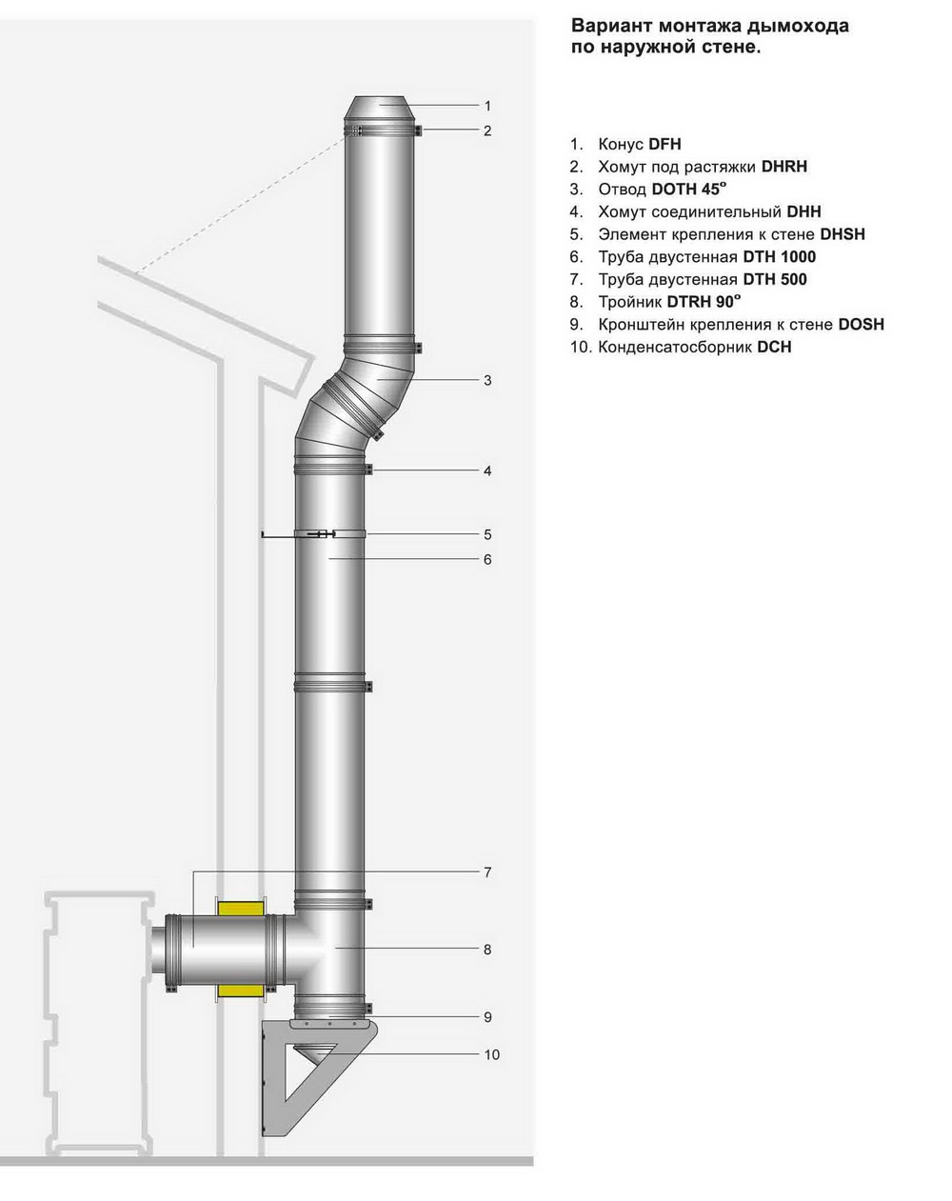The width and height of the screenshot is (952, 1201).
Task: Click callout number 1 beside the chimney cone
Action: point(487,106)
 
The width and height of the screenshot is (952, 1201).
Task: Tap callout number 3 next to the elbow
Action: point(487,381)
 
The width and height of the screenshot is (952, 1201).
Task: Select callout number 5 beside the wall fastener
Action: point(487,534)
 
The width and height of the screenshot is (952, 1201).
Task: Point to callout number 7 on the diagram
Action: point(487,872)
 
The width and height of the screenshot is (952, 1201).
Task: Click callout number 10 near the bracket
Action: point(491,1054)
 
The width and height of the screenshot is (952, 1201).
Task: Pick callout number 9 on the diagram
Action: point(487,1017)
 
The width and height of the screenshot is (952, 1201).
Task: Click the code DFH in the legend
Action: point(664,145)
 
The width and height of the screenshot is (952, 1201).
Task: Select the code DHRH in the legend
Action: point(784,167)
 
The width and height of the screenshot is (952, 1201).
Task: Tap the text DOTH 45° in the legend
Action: point(688,190)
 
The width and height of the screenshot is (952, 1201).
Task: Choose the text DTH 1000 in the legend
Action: point(779,257)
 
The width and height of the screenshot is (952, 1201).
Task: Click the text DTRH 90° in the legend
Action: point(704,302)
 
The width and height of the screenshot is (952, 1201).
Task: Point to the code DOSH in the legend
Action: point(861,324)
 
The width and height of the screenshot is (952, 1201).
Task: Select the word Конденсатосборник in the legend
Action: point(675,347)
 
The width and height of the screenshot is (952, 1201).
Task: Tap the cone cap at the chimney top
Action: point(381,110)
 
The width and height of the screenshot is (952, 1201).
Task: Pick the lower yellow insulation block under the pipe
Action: point(241,991)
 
